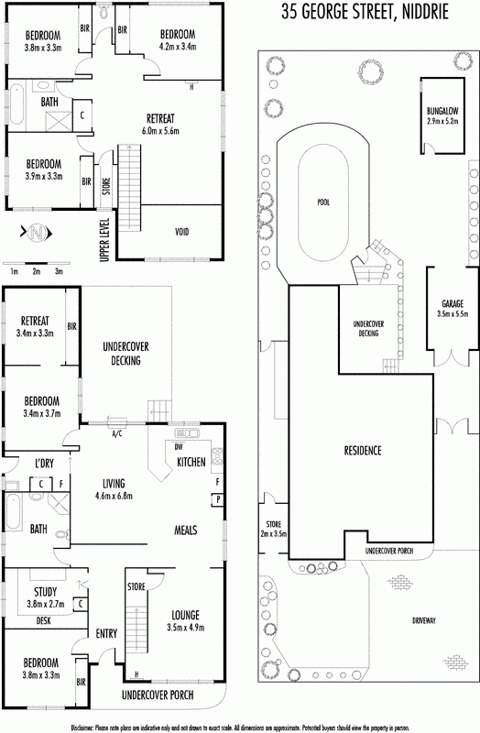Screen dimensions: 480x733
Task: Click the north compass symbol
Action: click(37, 233)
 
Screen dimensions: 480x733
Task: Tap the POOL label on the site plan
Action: click(323, 202)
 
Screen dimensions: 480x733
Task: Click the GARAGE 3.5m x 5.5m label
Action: click(453, 309)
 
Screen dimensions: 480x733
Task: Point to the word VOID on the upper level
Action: click(181, 232)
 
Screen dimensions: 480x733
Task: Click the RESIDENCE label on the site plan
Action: click(363, 451)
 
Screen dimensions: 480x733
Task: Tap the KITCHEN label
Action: click(191, 463)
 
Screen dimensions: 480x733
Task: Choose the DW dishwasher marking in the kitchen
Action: click(179, 447)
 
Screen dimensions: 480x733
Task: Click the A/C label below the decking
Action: click(117, 433)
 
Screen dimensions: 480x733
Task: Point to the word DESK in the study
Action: click(43, 621)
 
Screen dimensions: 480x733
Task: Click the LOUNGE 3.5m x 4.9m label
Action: click(186, 621)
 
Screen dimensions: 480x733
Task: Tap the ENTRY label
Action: click(106, 634)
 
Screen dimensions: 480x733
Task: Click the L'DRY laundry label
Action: click(44, 464)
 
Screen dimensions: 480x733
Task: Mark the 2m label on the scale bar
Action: click(37, 271)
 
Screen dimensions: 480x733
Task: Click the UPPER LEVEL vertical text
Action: click(104, 240)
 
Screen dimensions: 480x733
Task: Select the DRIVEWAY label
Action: click(424, 621)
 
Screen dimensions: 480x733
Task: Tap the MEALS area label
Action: click(186, 531)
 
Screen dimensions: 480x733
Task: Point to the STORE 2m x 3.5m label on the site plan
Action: click(273, 529)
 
